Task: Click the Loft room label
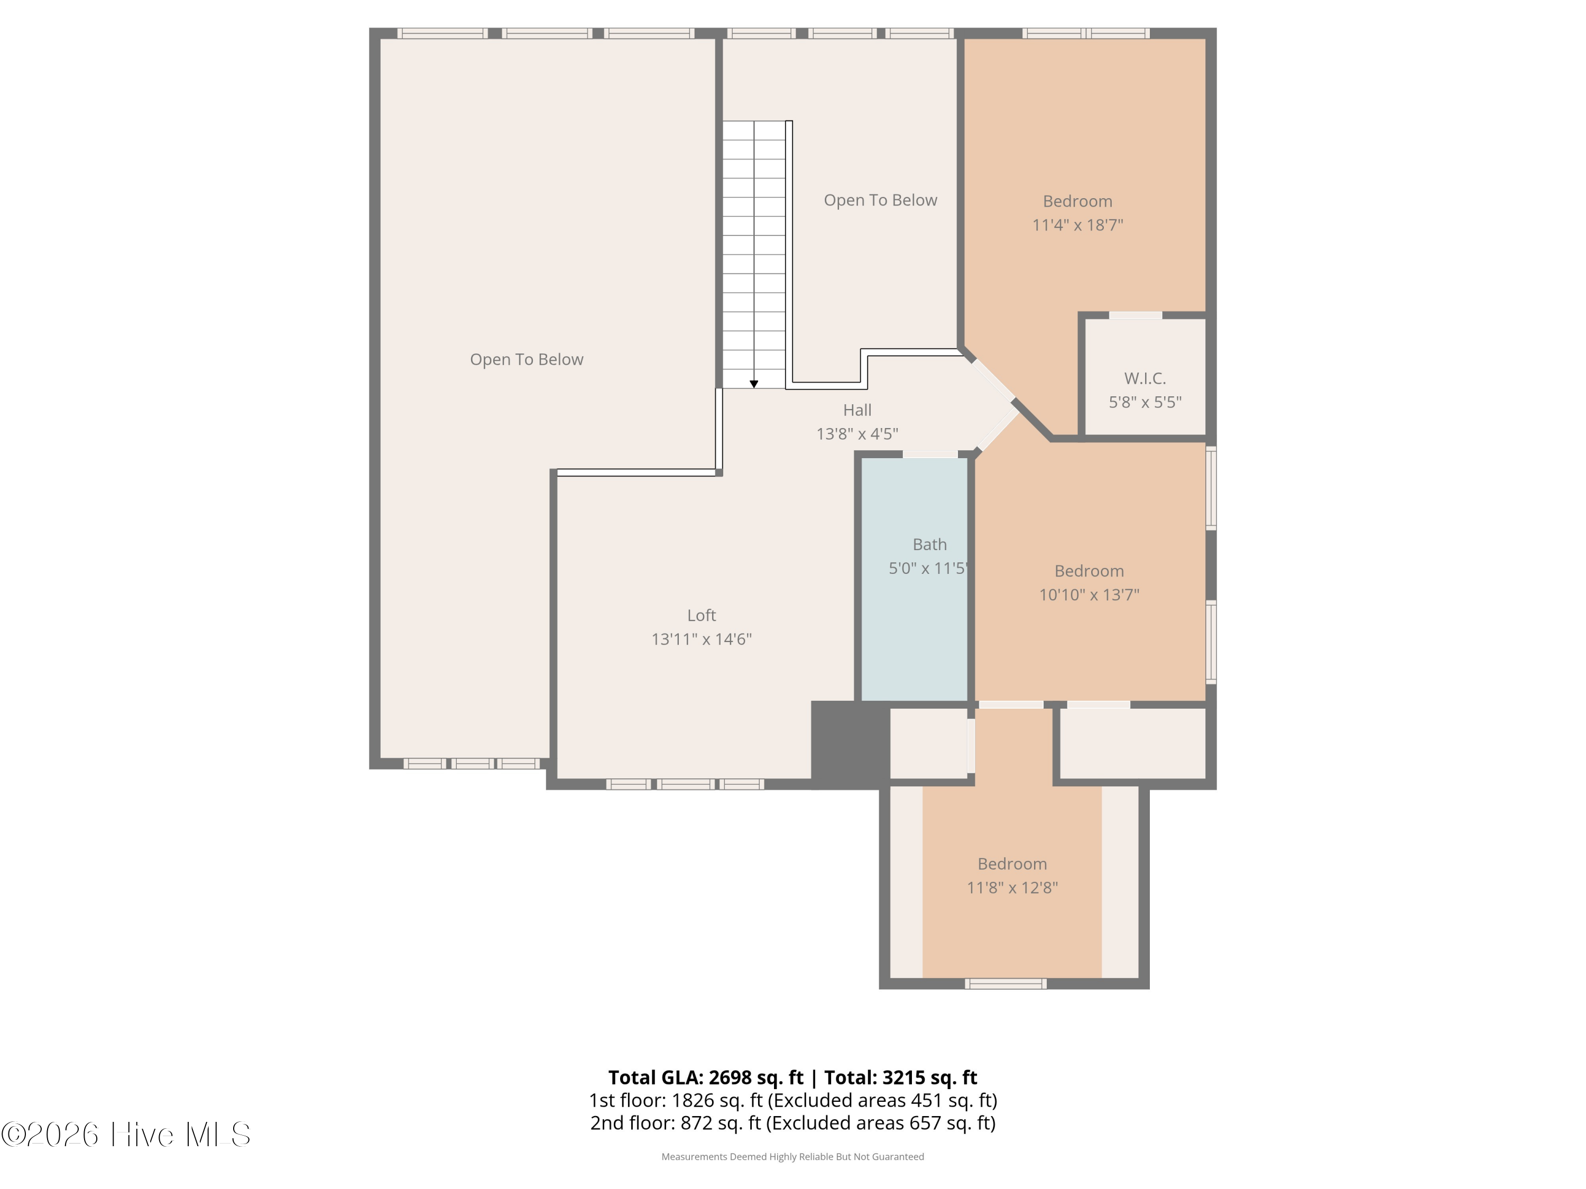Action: tap(701, 615)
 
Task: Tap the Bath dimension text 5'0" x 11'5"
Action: tap(928, 568)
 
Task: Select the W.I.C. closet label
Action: tap(1145, 378)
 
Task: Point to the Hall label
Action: tap(857, 410)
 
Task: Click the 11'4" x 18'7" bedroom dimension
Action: tap(1077, 225)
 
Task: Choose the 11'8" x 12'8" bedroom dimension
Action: tap(1012, 888)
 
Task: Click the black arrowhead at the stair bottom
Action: tap(753, 384)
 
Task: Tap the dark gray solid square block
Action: tap(850, 744)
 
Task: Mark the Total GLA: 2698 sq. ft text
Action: tap(706, 1077)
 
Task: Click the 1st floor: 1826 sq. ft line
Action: tap(793, 1100)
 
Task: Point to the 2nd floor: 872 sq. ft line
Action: tap(793, 1123)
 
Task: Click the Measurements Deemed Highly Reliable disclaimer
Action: tap(792, 1157)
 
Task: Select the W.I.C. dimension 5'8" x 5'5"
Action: tap(1145, 402)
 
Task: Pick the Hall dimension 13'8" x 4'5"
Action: tap(857, 434)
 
